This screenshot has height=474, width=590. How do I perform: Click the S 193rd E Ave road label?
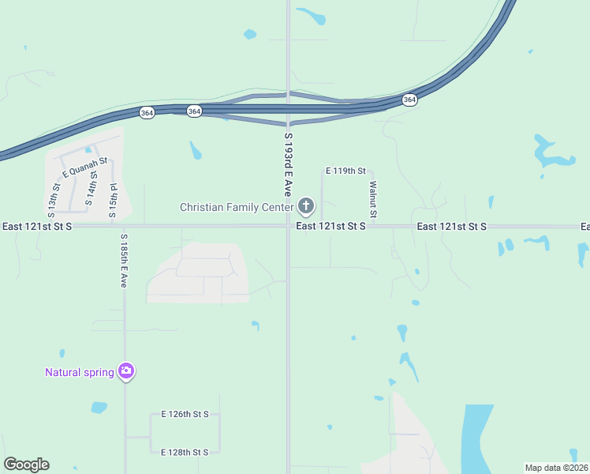pyautogui.click(x=288, y=166)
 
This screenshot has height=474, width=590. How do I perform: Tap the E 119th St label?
pyautogui.click(x=346, y=171)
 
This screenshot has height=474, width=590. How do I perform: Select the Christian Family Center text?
pyautogui.click(x=237, y=208)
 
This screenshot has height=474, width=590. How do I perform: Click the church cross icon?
pyautogui.click(x=305, y=208)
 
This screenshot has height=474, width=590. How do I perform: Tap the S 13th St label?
pyautogui.click(x=54, y=200)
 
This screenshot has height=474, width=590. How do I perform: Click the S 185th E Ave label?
pyautogui.click(x=124, y=261)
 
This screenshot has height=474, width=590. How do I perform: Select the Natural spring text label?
pyautogui.click(x=79, y=372)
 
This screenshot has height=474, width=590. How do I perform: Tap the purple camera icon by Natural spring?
pyautogui.click(x=125, y=371)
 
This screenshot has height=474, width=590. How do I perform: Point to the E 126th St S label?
pyautogui.click(x=185, y=414)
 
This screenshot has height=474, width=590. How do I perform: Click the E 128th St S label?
pyautogui.click(x=185, y=452)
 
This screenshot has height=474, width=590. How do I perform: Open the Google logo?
pyautogui.click(x=26, y=465)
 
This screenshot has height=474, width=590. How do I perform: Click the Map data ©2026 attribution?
pyautogui.click(x=556, y=468)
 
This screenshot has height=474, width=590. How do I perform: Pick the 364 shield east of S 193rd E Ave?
pyautogui.click(x=409, y=100)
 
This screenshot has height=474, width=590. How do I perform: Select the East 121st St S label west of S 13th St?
pyautogui.click(x=37, y=227)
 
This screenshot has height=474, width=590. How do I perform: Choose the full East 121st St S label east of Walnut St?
pyautogui.click(x=452, y=227)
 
